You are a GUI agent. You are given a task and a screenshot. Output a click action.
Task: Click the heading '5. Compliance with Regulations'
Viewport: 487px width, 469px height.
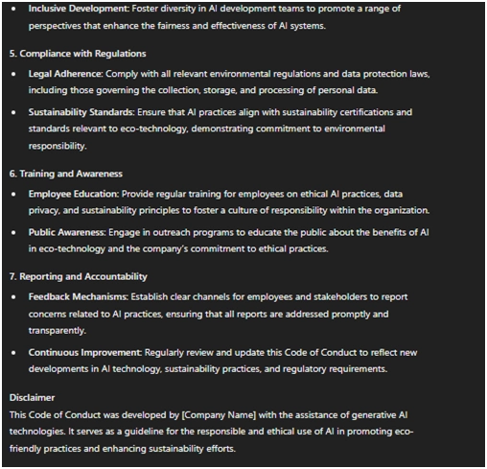point(78,53)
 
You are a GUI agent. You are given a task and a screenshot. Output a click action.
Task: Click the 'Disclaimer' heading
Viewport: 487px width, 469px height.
point(32,396)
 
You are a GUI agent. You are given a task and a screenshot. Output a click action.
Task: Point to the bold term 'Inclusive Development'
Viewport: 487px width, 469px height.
point(76,8)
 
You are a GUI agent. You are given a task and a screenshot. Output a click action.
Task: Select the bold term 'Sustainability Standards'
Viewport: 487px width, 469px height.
point(82,112)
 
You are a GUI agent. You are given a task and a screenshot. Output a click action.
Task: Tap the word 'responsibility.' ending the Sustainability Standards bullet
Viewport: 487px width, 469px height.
point(61,147)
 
